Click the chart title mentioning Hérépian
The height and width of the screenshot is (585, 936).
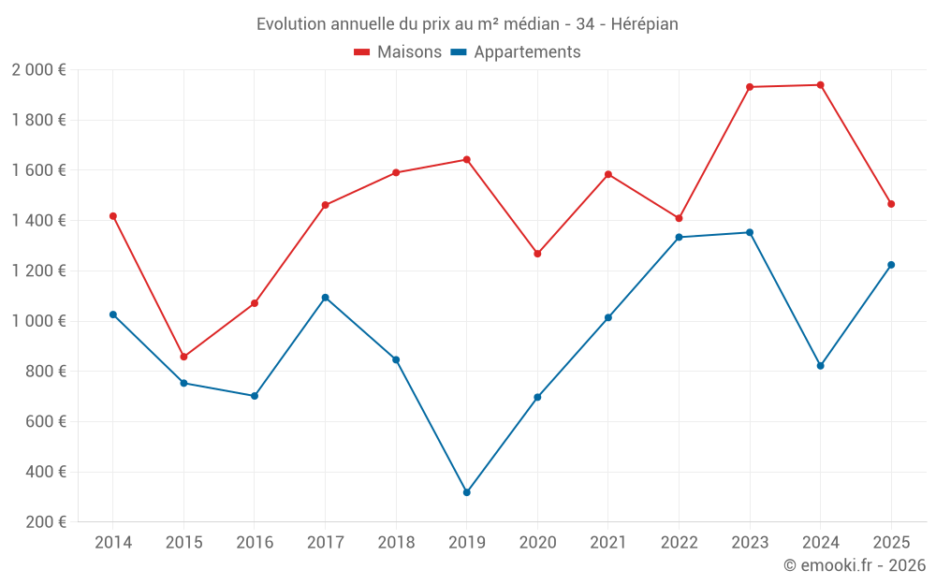(x=467, y=23)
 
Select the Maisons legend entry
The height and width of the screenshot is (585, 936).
(x=398, y=52)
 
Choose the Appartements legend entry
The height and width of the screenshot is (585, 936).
(x=516, y=52)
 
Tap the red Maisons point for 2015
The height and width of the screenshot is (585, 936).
(x=183, y=357)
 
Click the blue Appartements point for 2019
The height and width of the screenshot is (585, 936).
(x=467, y=492)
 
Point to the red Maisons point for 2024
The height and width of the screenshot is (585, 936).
(x=821, y=85)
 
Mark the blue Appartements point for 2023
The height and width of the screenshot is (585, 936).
(x=750, y=232)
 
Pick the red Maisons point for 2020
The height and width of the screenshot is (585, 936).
(x=537, y=254)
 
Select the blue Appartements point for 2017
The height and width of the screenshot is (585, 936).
(x=325, y=298)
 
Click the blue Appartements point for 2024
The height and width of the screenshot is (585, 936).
(x=821, y=366)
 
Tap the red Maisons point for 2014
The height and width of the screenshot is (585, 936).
(x=113, y=216)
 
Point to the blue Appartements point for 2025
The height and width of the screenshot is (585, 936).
(x=891, y=265)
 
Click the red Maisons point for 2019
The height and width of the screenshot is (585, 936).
(x=467, y=159)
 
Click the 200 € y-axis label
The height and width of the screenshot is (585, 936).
(x=45, y=522)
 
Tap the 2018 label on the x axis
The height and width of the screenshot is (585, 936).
(x=396, y=543)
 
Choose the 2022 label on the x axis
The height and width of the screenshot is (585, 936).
(x=680, y=543)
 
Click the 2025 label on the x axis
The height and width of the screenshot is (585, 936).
(x=891, y=543)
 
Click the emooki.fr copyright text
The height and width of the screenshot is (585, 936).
(x=855, y=565)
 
